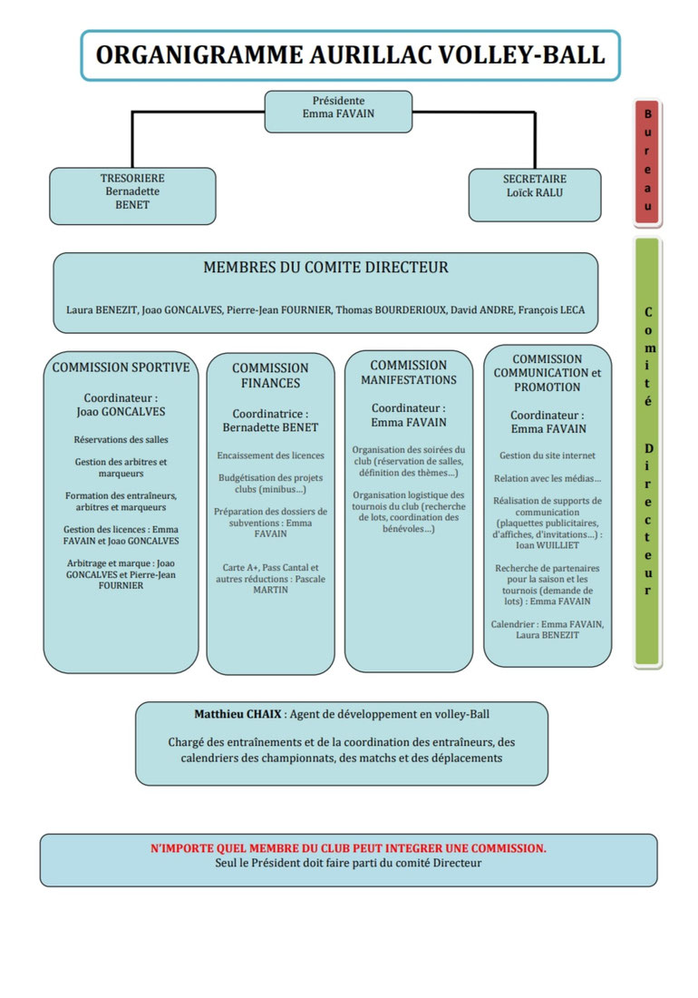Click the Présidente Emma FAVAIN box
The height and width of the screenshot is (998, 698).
338,112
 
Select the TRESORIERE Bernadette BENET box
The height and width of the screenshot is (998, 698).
132,196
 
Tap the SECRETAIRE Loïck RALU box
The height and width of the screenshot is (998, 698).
535,195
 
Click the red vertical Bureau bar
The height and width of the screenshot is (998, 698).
648,162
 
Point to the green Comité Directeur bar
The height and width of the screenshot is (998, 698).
648,452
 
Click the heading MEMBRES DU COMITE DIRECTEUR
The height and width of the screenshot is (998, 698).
325,268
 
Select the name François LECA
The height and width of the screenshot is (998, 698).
551,310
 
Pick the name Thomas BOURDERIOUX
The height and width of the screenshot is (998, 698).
391,310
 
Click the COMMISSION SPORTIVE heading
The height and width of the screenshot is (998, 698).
121,367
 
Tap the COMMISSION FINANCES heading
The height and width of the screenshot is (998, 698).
270,376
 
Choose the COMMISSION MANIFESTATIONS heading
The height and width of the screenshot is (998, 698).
409,372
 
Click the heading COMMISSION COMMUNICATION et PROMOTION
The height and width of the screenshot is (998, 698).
548,373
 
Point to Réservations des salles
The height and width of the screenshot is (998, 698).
121,439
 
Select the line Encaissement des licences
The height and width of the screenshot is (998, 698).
271,455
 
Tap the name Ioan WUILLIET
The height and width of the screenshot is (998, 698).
548,545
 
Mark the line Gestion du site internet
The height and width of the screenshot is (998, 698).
548,455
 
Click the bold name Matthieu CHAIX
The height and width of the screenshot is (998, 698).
238,714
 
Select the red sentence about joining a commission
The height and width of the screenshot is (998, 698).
348,848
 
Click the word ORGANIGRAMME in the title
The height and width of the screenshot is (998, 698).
199,55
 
